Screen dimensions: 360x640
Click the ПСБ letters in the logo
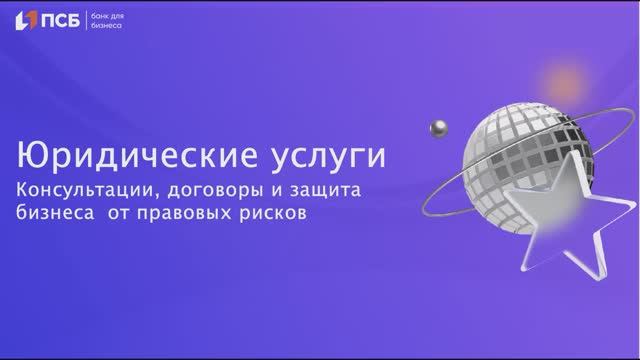65,20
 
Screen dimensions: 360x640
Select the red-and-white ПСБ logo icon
27,20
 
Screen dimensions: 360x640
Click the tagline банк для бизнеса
108,20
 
